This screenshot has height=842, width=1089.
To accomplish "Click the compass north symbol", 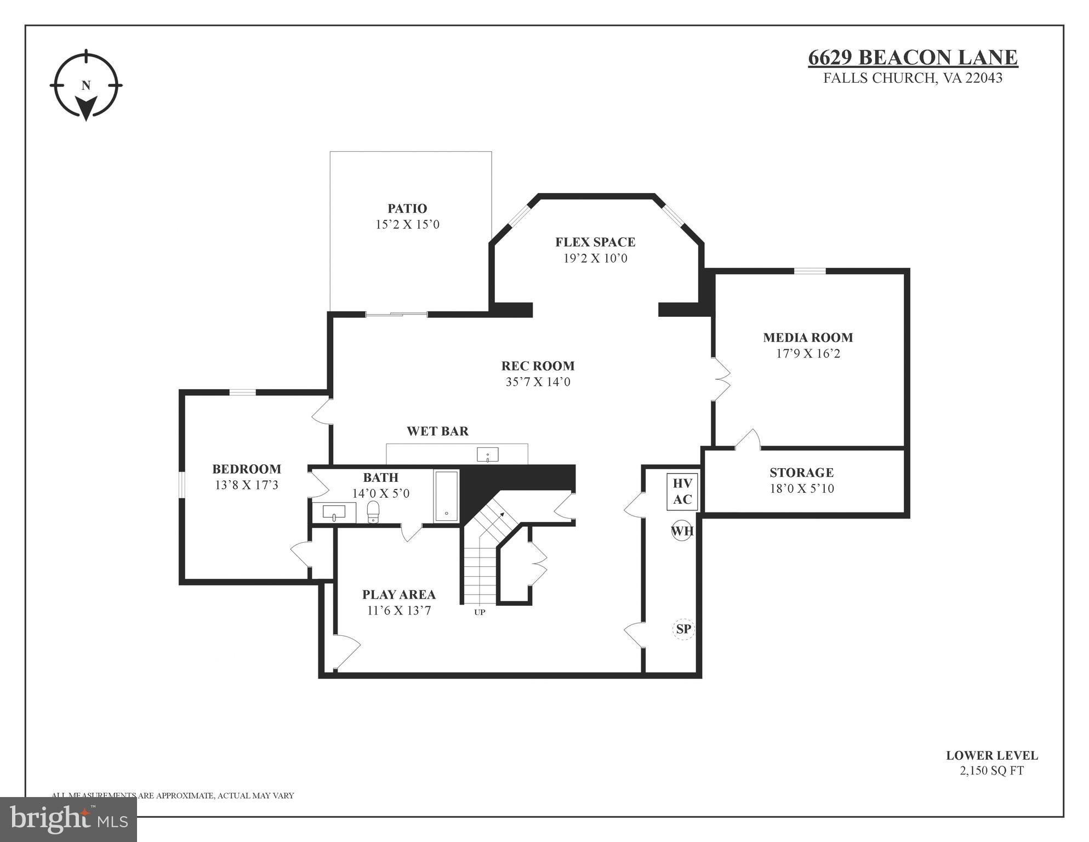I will pyautogui.click(x=86, y=86).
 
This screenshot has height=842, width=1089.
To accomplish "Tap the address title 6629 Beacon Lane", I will pyautogui.click(x=913, y=58).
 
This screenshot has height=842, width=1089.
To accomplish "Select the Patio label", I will pyautogui.click(x=407, y=208).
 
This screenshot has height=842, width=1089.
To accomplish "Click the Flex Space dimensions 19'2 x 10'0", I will pyautogui.click(x=595, y=258).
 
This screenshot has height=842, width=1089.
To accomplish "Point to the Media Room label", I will pyautogui.click(x=808, y=338).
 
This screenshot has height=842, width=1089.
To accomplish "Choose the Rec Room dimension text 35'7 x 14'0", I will pyautogui.click(x=538, y=382).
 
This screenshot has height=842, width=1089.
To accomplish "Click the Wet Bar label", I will pyautogui.click(x=437, y=431).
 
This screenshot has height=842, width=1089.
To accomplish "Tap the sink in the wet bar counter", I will pyautogui.click(x=487, y=454).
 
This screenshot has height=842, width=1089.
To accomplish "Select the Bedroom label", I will pyautogui.click(x=247, y=469).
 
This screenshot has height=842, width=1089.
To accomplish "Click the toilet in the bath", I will pyautogui.click(x=373, y=511).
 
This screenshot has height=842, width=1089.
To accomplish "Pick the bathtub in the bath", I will pyautogui.click(x=447, y=496).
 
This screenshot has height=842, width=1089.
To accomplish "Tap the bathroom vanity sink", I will pyautogui.click(x=334, y=513).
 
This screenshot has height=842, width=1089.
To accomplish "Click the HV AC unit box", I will pyautogui.click(x=682, y=492).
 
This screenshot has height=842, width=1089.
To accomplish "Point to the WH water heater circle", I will pyautogui.click(x=682, y=531).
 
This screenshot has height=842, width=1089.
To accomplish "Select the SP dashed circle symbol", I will pyautogui.click(x=683, y=629).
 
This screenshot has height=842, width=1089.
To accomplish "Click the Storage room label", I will pyautogui.click(x=801, y=473).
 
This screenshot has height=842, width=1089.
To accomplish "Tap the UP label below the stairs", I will pyautogui.click(x=480, y=612).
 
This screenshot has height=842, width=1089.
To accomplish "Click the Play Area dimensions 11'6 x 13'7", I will pyautogui.click(x=399, y=611).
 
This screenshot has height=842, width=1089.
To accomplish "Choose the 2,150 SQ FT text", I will pyautogui.click(x=991, y=771).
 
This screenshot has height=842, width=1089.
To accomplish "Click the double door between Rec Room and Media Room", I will pyautogui.click(x=721, y=379).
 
